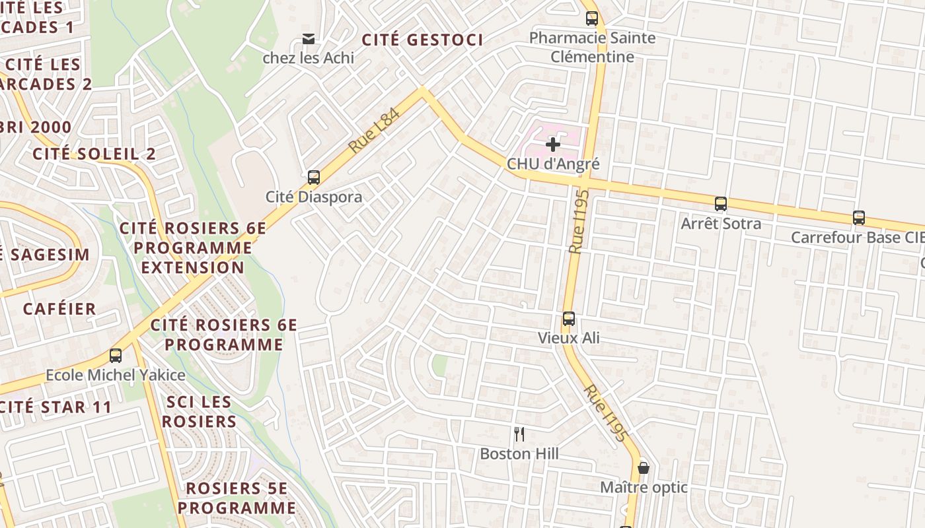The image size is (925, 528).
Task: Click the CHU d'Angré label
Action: tap(553, 164)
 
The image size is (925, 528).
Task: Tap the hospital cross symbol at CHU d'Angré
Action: tap(553, 145)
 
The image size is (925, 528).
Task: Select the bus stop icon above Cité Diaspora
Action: tap(314, 178)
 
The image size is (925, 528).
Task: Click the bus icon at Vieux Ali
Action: tap(568, 319)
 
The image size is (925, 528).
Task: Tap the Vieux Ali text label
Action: tap(568, 338)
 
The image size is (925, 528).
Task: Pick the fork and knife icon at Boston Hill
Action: tap(519, 434)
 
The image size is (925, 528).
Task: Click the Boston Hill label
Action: tap(519, 454)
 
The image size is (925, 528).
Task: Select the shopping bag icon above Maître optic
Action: tap(644, 468)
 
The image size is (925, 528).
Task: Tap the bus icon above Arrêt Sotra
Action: tap(721, 204)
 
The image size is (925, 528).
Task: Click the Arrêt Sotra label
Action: tap(721, 224)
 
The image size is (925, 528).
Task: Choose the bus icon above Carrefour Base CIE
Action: tap(859, 217)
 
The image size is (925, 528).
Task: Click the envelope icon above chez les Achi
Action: tap(309, 38)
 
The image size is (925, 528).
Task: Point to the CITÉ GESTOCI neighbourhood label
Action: tap(423, 40)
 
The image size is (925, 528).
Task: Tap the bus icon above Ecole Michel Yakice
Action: tap(116, 356)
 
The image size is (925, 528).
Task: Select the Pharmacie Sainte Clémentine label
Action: tap(593, 47)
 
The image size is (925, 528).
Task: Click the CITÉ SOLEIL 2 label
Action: tap(94, 154)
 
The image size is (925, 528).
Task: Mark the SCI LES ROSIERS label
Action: tap(199, 412)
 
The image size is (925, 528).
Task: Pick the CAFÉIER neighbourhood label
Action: tap(59, 309)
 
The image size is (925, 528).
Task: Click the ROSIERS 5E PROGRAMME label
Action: tap(237, 498)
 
